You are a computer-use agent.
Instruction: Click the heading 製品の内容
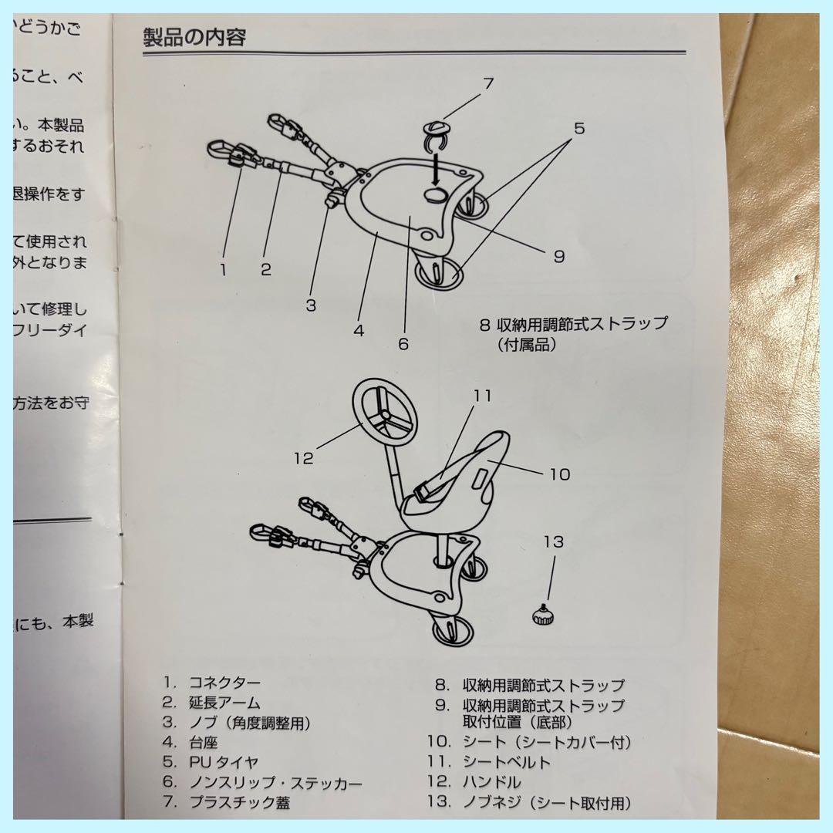[194, 36]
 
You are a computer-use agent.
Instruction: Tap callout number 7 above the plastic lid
[488, 84]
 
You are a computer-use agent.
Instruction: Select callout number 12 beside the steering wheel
[304, 457]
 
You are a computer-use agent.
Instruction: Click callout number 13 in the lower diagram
[553, 542]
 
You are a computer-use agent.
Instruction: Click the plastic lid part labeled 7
[437, 130]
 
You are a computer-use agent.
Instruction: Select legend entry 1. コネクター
[212, 682]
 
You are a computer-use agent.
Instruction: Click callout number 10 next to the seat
[560, 474]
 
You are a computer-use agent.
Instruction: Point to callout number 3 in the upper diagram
[310, 305]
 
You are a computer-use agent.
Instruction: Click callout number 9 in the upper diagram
[559, 257]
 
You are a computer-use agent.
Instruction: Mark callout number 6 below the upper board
[403, 344]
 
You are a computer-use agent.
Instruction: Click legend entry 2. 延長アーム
[211, 702]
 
